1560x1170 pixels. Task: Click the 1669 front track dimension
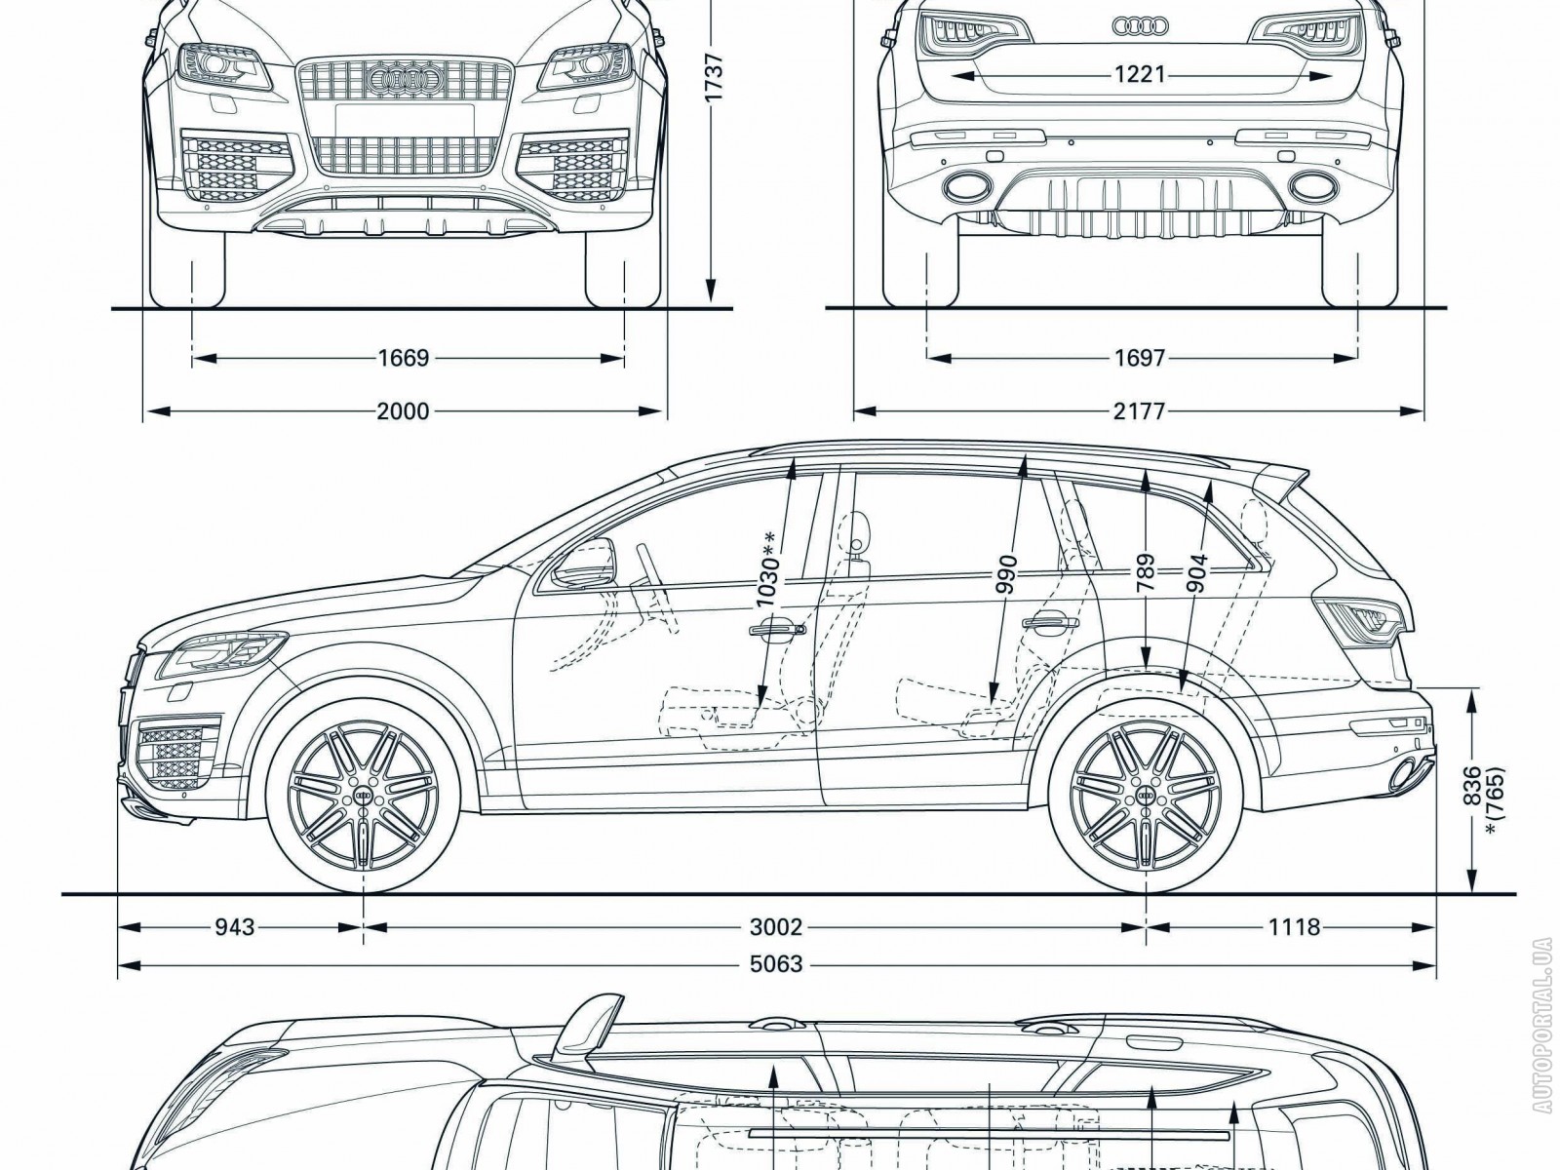click(403, 359)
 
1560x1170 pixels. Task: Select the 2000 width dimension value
click(403, 411)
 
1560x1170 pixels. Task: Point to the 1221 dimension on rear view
click(1140, 74)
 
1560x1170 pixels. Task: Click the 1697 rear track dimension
click(1140, 359)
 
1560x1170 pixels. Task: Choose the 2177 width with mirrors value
click(1140, 411)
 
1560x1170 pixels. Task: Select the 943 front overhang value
click(234, 926)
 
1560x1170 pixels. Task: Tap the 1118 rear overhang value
click(1294, 926)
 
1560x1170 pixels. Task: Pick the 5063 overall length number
click(776, 964)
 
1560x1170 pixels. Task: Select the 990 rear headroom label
click(1007, 574)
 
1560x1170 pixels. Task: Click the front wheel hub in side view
click(363, 796)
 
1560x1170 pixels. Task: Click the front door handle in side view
click(777, 631)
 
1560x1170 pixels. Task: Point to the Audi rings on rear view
click(1140, 26)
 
